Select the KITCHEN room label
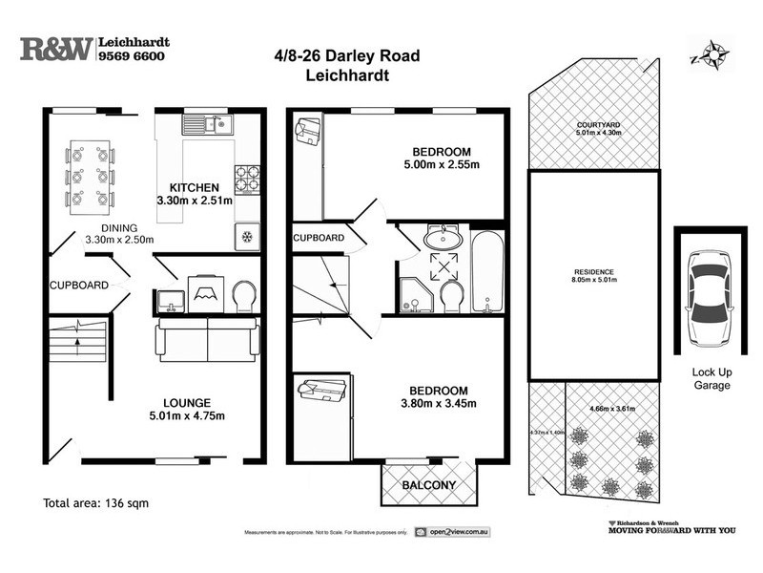coord(195,187)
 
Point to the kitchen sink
coord(208,123)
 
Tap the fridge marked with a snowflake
coord(246,237)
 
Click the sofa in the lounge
coord(207,339)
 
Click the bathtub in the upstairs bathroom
coord(486,270)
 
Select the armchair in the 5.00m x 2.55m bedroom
coord(308,131)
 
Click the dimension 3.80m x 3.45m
coord(439,404)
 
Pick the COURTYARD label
coord(597,124)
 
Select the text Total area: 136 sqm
coord(96,502)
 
